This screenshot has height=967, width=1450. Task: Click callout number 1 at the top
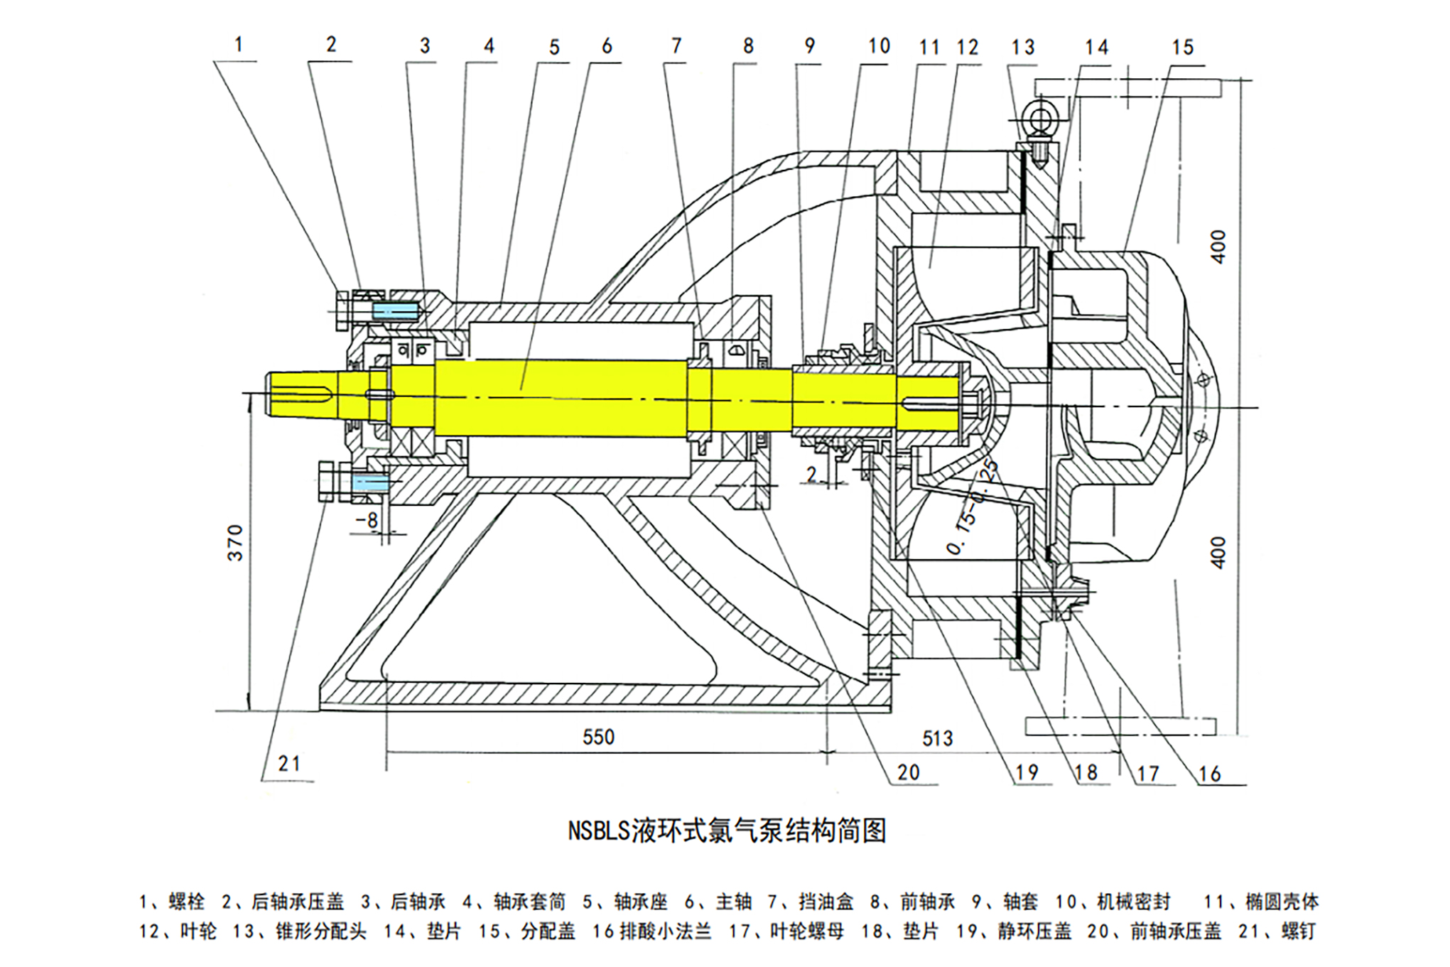tap(239, 45)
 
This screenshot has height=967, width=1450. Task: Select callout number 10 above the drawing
tap(879, 46)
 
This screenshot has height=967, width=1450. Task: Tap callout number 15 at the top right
tap(1182, 48)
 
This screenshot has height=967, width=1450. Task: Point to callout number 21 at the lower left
tap(289, 764)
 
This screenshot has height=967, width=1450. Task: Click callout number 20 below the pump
tap(908, 772)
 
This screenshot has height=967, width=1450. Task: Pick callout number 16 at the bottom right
tap(1209, 774)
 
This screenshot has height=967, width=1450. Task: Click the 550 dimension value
tap(598, 737)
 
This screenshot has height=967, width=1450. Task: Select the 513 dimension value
tap(937, 738)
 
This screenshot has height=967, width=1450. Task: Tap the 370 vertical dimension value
tap(235, 543)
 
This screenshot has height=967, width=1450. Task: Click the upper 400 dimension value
tap(1218, 247)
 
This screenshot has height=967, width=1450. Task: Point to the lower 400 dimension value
tap(1218, 552)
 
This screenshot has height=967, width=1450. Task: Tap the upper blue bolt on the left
tap(394, 311)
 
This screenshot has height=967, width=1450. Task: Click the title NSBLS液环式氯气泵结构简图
tap(727, 831)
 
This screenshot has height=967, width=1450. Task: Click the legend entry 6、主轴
tap(718, 902)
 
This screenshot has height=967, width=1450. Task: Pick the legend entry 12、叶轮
tap(178, 931)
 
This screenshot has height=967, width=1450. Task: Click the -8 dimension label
tap(367, 520)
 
